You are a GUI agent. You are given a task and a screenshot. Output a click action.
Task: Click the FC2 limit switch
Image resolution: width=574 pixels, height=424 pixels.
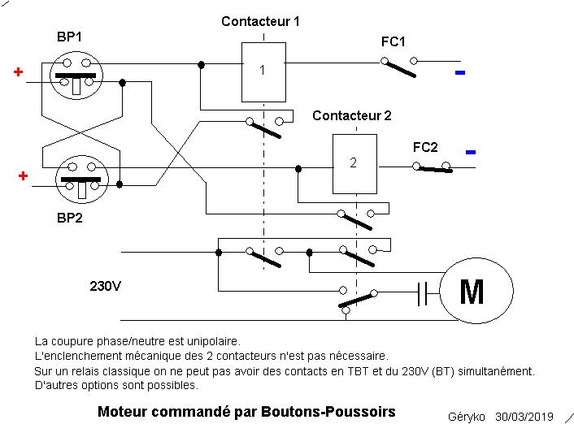click(432, 167)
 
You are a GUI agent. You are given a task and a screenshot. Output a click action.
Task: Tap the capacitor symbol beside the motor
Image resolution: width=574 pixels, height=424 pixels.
click(423, 293)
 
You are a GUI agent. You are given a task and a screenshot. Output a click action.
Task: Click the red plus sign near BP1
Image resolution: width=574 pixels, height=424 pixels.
click(18, 72)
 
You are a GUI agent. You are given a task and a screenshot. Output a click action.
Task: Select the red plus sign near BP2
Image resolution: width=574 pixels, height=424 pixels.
click(23, 176)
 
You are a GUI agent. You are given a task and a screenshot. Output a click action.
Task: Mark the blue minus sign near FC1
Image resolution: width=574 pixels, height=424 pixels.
click(460, 73)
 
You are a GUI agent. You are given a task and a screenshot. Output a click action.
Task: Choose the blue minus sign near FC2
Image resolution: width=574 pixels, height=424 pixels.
click(471, 152)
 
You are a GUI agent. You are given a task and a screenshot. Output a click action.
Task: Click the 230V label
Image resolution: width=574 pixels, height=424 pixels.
click(105, 286)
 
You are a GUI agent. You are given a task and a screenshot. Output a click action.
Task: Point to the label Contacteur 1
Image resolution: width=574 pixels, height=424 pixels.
click(260, 22)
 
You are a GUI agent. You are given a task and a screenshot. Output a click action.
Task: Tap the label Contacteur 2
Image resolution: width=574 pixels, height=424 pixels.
click(352, 115)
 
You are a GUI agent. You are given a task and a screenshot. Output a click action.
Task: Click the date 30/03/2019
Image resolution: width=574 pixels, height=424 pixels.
click(524, 417)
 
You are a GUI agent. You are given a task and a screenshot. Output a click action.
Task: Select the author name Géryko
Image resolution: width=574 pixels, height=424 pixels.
click(467, 417)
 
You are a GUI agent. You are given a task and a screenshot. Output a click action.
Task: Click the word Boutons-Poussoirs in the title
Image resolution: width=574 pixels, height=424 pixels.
click(328, 412)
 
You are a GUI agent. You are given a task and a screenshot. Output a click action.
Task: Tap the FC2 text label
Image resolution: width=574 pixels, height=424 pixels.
click(425, 147)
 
